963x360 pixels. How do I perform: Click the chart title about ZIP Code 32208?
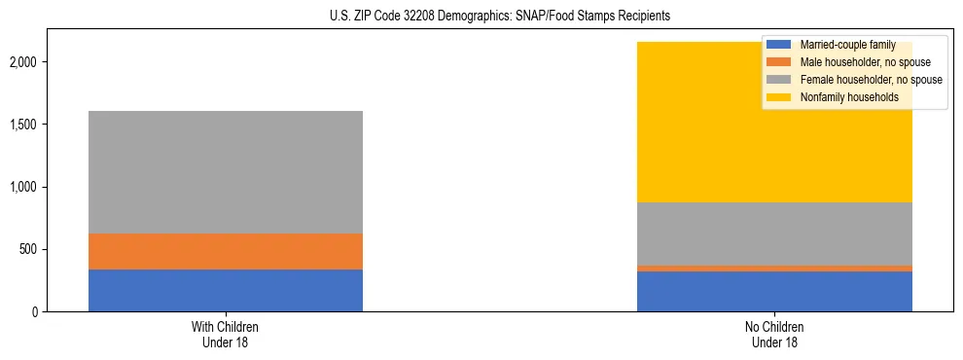pos(482,17)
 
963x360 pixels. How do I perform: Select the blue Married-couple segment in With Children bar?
pos(226,290)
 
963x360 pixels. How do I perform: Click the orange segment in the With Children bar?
pos(226,251)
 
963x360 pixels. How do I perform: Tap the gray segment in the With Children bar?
pos(226,172)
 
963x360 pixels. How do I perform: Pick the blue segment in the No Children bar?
pos(774,291)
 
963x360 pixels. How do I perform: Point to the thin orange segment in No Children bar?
pos(774,268)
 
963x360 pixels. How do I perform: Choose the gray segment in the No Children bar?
pos(774,234)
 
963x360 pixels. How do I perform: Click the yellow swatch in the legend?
pos(779,97)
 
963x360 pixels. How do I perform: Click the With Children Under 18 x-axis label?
pos(226,335)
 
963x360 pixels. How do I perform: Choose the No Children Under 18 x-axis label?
pos(774,335)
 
